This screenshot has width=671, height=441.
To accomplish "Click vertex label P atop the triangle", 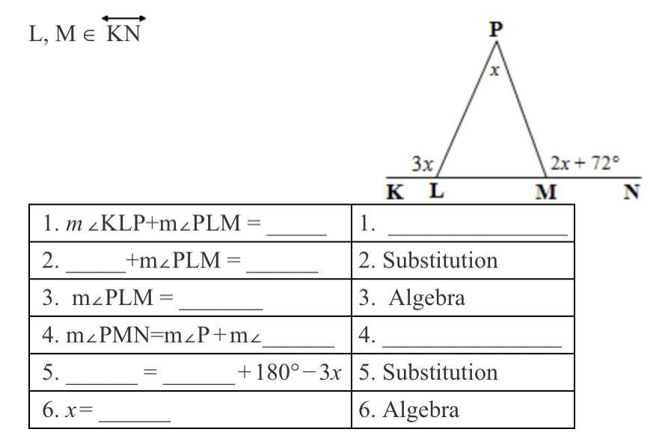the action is [x=495, y=29].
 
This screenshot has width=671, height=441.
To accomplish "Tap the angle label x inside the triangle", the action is [x=494, y=70].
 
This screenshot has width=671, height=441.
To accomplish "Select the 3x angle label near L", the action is [x=423, y=164].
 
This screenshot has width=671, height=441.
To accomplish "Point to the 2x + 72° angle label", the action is [x=584, y=163].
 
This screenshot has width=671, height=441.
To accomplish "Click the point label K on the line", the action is [x=394, y=191].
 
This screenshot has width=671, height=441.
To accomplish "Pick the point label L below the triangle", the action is [x=437, y=191].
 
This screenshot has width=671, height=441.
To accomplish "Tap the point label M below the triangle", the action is [x=545, y=192].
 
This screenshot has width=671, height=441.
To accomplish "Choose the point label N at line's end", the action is [x=631, y=191].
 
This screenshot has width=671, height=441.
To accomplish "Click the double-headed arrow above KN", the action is [x=123, y=19].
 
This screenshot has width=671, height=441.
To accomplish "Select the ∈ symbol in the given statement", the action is [x=88, y=35].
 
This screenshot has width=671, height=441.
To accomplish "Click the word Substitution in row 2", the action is [x=440, y=261].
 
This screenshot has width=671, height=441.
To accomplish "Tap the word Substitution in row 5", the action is [x=440, y=372].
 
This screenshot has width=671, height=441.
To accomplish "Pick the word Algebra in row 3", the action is [x=426, y=297].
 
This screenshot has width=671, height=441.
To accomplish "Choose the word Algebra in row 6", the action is [x=421, y=410].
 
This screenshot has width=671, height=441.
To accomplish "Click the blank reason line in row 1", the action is [x=477, y=235].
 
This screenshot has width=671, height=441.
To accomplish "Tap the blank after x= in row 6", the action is [x=135, y=422].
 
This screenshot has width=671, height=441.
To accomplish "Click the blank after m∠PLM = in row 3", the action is [x=221, y=309].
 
